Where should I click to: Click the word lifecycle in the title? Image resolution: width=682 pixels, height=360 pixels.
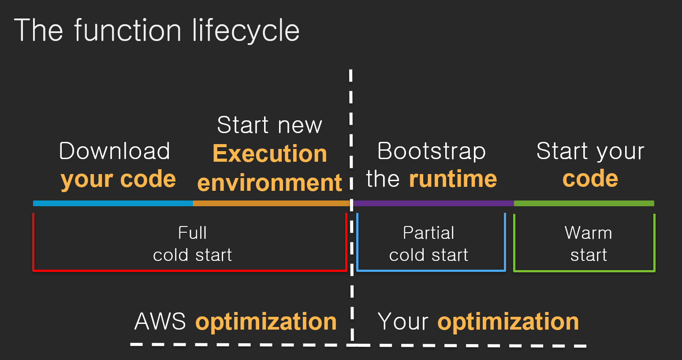246,31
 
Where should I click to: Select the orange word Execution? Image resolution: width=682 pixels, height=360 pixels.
270,153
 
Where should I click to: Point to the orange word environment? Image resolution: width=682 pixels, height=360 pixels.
270,182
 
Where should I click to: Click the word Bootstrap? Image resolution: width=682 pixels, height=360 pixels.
432,151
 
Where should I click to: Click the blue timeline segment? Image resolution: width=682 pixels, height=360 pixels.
113,203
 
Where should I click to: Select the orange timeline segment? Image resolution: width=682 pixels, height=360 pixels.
272,203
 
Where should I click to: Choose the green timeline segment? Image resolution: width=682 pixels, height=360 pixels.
584,203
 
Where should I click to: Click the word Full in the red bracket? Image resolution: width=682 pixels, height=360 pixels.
192,233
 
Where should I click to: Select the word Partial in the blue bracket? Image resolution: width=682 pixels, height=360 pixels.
429,233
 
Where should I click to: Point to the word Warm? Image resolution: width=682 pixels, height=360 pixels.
589,233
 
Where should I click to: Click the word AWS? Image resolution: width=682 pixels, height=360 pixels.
160,321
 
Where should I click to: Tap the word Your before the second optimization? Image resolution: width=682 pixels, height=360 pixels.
403,321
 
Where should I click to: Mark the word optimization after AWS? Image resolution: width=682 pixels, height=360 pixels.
266,322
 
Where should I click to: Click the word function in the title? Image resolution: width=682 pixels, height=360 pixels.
128,30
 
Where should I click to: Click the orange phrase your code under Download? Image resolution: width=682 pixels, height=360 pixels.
119,179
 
